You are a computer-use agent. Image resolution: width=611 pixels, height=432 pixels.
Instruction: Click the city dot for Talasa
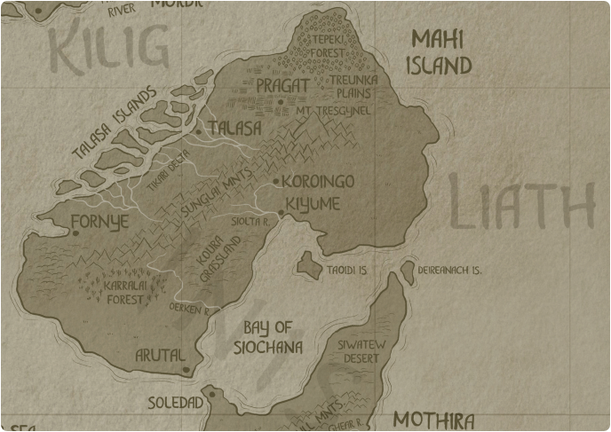tap(198, 131)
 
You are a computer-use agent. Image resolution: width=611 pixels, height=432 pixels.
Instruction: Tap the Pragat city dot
tap(280, 102)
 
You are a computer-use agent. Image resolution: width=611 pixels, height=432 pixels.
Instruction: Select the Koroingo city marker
tap(276, 182)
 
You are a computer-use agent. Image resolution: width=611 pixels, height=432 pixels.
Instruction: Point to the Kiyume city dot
tap(281, 213)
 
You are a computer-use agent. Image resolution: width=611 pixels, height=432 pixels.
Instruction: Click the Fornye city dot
tap(75, 233)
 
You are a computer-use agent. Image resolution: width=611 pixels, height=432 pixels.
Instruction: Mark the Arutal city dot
tap(186, 369)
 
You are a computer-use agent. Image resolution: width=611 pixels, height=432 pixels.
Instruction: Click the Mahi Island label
tap(441, 52)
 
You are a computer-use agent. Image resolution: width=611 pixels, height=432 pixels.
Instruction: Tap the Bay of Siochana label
tap(267, 338)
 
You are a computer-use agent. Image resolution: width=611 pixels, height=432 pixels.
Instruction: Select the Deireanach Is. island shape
tap(408, 271)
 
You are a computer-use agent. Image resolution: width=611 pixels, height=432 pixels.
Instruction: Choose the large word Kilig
tap(108, 49)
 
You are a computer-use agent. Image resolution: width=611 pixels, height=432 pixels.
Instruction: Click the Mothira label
tap(433, 420)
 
